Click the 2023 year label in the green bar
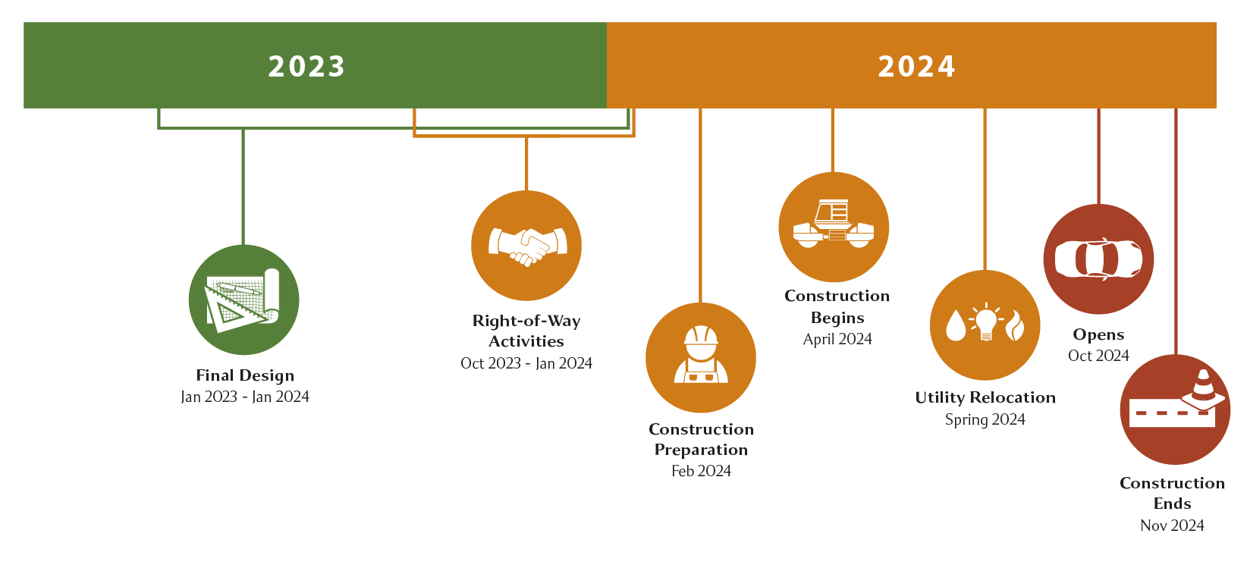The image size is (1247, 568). pyautogui.click(x=306, y=67)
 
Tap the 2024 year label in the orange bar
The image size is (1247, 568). pyautogui.click(x=916, y=67)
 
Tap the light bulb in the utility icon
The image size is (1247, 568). pyautogui.click(x=985, y=323)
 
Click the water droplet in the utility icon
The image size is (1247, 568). pyautogui.click(x=956, y=325)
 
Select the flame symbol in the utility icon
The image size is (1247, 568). pyautogui.click(x=1015, y=325)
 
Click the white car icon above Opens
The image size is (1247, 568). pyautogui.click(x=1098, y=259)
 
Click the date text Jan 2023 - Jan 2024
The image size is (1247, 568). pyautogui.click(x=245, y=397)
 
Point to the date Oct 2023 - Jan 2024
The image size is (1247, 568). pyautogui.click(x=526, y=363)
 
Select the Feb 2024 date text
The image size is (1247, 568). pyautogui.click(x=701, y=471)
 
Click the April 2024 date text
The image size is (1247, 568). pyautogui.click(x=837, y=339)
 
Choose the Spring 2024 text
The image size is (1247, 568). pyautogui.click(x=985, y=419)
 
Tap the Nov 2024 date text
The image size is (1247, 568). pyautogui.click(x=1172, y=526)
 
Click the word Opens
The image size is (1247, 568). pyautogui.click(x=1098, y=334)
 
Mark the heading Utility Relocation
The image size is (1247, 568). pyautogui.click(x=985, y=397)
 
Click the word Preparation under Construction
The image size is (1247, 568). pyautogui.click(x=701, y=450)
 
